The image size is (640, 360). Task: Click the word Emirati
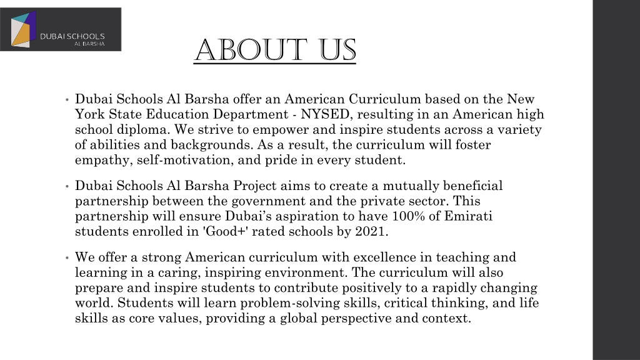point(482,216)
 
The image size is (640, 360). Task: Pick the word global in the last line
point(332,319)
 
